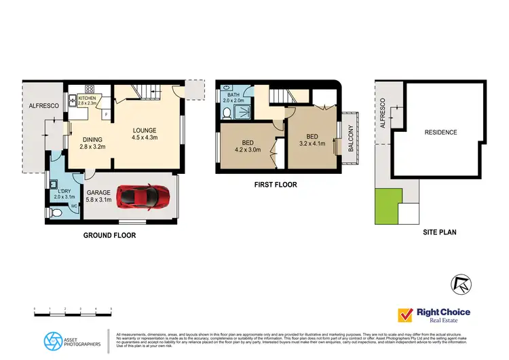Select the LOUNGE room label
pyautogui.click(x=145, y=131)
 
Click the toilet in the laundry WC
pyautogui.click(x=57, y=213)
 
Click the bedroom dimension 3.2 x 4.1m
pyautogui.click(x=312, y=144)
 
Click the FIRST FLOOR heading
pyautogui.click(x=275, y=185)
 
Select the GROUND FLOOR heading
pyautogui.click(x=109, y=236)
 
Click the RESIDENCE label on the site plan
pyautogui.click(x=440, y=132)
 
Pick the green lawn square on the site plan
pyautogui.click(x=388, y=206)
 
